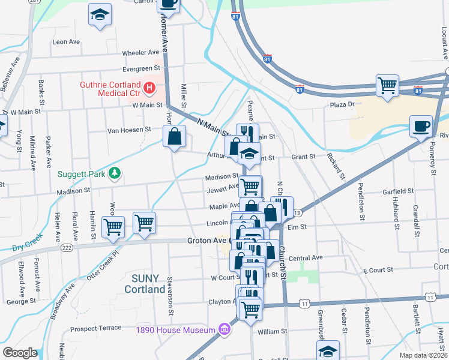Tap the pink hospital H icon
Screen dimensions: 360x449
(x=150, y=89)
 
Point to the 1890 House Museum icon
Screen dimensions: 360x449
(x=224, y=329)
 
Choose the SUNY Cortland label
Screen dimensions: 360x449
(x=145, y=284)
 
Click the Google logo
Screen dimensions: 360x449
(x=20, y=353)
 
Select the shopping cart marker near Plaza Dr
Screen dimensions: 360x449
(x=388, y=85)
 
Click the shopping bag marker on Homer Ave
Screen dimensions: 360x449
(x=174, y=136)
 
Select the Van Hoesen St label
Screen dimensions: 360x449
(x=128, y=130)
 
